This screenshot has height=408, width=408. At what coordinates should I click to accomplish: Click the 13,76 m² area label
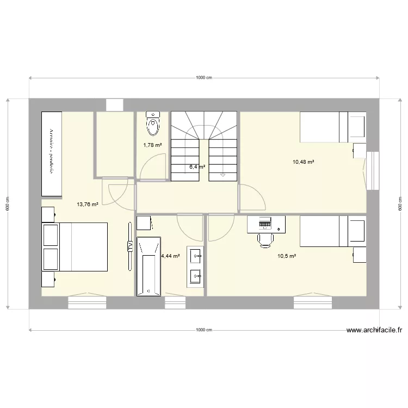coord(88,205)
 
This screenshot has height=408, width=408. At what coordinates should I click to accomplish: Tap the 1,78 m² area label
coord(152,145)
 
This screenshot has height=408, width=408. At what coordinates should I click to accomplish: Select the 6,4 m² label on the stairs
coord(197,167)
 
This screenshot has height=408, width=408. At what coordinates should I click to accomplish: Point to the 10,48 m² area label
coord(304,162)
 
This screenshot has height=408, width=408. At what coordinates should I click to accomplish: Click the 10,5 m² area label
coord(286,256)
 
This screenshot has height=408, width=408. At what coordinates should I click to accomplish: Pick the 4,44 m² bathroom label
coord(170,256)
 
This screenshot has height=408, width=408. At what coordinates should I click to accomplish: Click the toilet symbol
coord(153,125)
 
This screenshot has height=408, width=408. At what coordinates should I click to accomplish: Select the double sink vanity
coord(195,266)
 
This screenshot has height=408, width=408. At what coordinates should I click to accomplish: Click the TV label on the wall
coord(129,246)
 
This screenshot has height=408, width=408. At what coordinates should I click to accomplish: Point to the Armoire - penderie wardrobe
coord(51,153)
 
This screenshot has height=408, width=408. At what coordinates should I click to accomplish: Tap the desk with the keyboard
coord(266,224)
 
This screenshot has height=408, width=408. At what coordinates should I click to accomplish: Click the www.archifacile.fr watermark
coord(374,330)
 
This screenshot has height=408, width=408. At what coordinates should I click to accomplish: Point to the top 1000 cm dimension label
coord(204,78)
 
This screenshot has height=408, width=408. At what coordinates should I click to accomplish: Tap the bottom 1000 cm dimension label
coord(204,330)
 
